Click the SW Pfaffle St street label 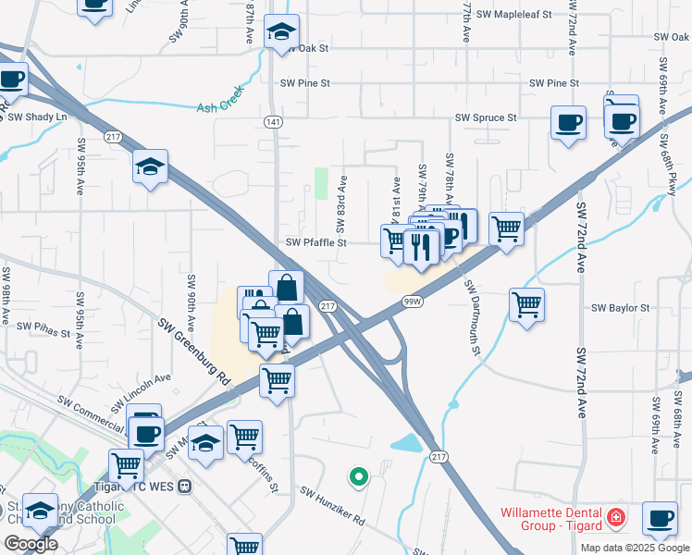[x=315, y=243]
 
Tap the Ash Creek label [x=220, y=107]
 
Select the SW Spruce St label [x=486, y=118]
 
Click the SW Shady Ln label [x=43, y=117]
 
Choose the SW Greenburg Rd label [x=193, y=351]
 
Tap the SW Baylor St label [x=621, y=308]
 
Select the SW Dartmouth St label [x=474, y=317]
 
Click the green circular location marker [x=358, y=477]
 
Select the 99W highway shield [x=413, y=301]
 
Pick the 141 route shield [x=276, y=121]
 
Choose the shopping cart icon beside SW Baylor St [x=526, y=304]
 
